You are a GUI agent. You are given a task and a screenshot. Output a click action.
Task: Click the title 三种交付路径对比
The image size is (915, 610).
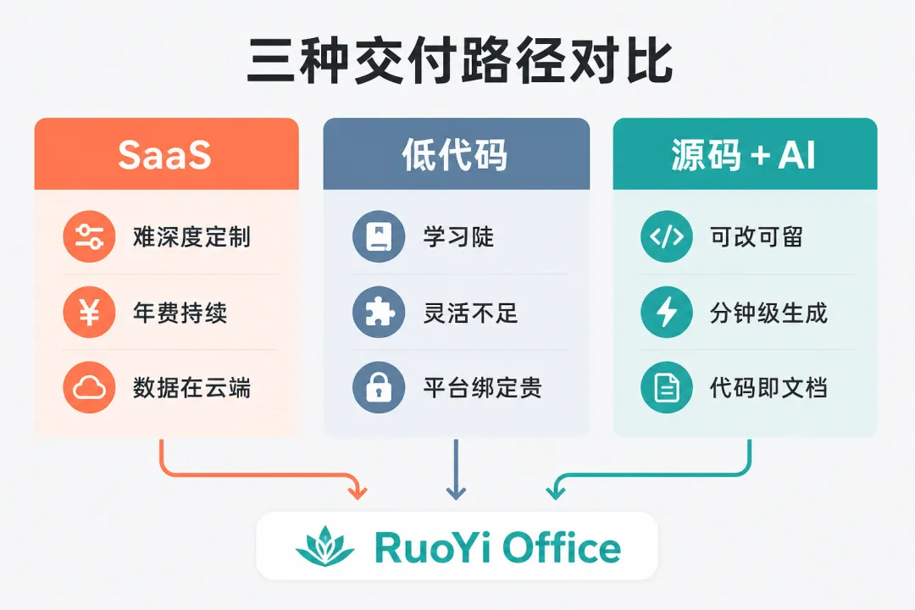[x=459, y=61]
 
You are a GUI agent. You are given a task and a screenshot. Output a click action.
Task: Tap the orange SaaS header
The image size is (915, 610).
[x=166, y=154]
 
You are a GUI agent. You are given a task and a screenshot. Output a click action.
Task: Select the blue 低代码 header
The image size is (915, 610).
[x=457, y=154]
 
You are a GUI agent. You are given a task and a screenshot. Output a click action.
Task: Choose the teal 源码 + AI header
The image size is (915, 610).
[x=745, y=154]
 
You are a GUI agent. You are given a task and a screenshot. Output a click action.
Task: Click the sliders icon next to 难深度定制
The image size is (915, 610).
[x=89, y=236]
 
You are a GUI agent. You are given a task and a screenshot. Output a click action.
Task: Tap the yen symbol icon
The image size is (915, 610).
[x=89, y=312]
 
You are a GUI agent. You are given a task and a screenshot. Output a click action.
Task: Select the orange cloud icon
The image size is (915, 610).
[x=89, y=387]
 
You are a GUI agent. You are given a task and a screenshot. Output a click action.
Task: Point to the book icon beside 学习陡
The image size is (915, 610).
[x=379, y=236]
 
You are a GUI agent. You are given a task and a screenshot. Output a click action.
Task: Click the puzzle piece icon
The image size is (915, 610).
[x=379, y=312]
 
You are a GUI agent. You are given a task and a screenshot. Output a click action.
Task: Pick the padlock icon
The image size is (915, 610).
[x=379, y=387]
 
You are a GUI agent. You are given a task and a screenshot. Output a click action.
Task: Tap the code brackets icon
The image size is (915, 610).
[x=667, y=236]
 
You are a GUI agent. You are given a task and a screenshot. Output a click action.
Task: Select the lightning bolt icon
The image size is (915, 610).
[x=667, y=312]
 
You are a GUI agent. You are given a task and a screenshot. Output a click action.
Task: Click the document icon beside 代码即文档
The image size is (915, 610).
[x=667, y=387]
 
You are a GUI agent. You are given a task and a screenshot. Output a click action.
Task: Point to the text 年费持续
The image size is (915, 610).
[x=180, y=313]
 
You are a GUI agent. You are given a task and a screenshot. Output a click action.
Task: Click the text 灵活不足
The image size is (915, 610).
[x=470, y=313]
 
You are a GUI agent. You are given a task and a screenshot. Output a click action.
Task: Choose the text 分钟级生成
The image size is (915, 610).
[x=768, y=313]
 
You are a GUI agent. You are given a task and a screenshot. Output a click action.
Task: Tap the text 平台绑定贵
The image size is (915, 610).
[x=482, y=388]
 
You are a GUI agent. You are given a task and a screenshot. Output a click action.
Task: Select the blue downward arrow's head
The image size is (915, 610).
[x=456, y=491]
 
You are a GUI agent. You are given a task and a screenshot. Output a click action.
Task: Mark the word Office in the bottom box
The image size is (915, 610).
[x=562, y=547]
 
